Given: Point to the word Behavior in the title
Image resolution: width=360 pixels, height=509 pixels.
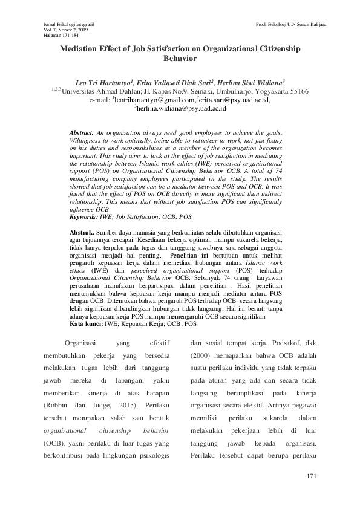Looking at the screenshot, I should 180,60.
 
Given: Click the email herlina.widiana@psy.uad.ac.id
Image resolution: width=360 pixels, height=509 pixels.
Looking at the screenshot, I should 182,108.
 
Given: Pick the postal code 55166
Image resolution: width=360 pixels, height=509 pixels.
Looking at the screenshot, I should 296,91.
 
